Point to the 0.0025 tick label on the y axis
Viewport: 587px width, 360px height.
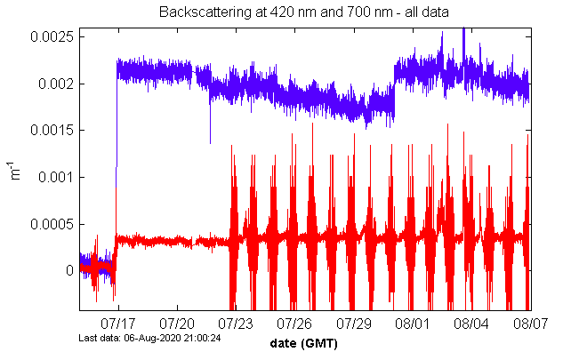tap(53, 37)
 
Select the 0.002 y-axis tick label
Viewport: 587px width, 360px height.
tap(57, 84)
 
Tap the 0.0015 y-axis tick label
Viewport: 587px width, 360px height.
tap(53, 131)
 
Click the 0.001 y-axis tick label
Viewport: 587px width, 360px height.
tap(57, 177)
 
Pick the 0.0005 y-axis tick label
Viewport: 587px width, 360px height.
tap(53, 223)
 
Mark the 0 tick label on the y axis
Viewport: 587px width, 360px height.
tap(68, 269)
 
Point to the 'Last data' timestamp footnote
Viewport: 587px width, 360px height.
tap(149, 338)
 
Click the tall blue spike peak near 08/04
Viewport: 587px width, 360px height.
tap(463, 30)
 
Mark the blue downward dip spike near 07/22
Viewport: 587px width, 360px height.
tap(211, 140)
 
